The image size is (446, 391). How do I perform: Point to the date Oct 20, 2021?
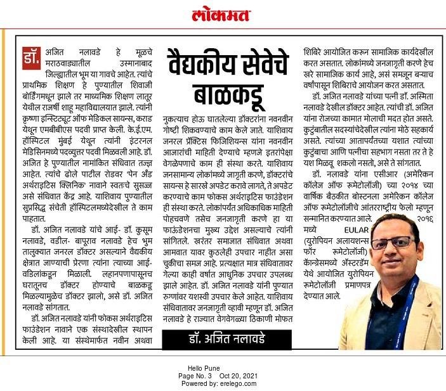click(237, 376)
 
